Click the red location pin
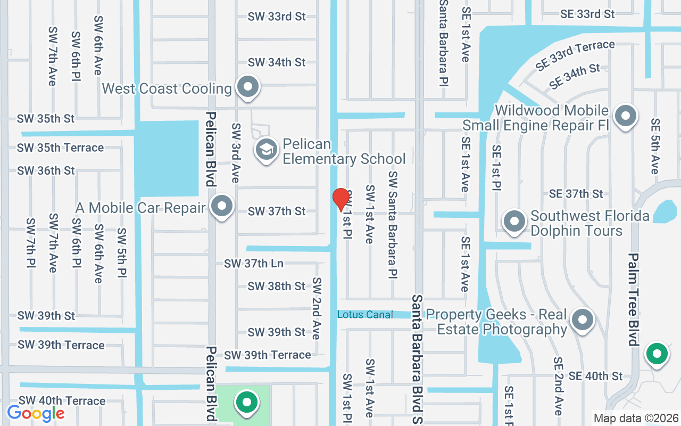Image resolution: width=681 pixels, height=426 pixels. (340, 199)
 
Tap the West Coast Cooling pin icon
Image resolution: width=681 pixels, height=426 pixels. (247, 87)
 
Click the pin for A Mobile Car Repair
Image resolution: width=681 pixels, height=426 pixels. (222, 206)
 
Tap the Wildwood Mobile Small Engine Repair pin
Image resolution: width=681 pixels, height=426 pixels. (626, 116)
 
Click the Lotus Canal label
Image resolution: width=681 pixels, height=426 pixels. (365, 315)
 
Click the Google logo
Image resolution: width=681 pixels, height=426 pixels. (36, 413)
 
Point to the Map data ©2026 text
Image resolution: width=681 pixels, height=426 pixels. (636, 419)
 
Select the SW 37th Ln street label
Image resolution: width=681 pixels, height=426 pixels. (254, 264)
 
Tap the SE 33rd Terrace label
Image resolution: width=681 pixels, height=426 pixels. (575, 55)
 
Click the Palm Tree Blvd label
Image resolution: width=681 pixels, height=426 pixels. (633, 299)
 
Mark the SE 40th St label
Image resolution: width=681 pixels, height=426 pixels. (595, 376)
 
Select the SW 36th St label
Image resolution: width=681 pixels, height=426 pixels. (46, 171)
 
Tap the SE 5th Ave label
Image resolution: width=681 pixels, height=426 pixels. (655, 146)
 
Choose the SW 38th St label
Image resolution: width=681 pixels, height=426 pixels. (277, 286)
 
